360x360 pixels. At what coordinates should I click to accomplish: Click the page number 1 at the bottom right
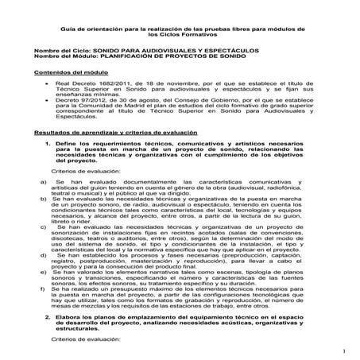[347, 350]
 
